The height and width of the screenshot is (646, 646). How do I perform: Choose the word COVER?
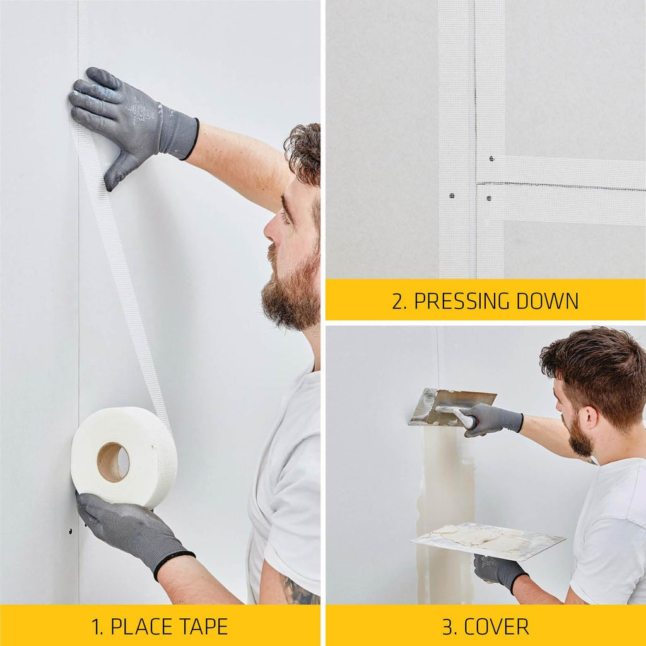coord(496,626)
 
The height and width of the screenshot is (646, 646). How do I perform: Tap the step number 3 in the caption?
coord(449,626)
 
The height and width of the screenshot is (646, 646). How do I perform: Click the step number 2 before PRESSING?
coord(399,301)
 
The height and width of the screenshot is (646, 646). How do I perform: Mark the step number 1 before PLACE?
coord(97,626)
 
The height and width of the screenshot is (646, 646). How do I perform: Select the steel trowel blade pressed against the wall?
coord(451,406)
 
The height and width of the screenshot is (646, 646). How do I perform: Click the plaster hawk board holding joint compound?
coord(488,540)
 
